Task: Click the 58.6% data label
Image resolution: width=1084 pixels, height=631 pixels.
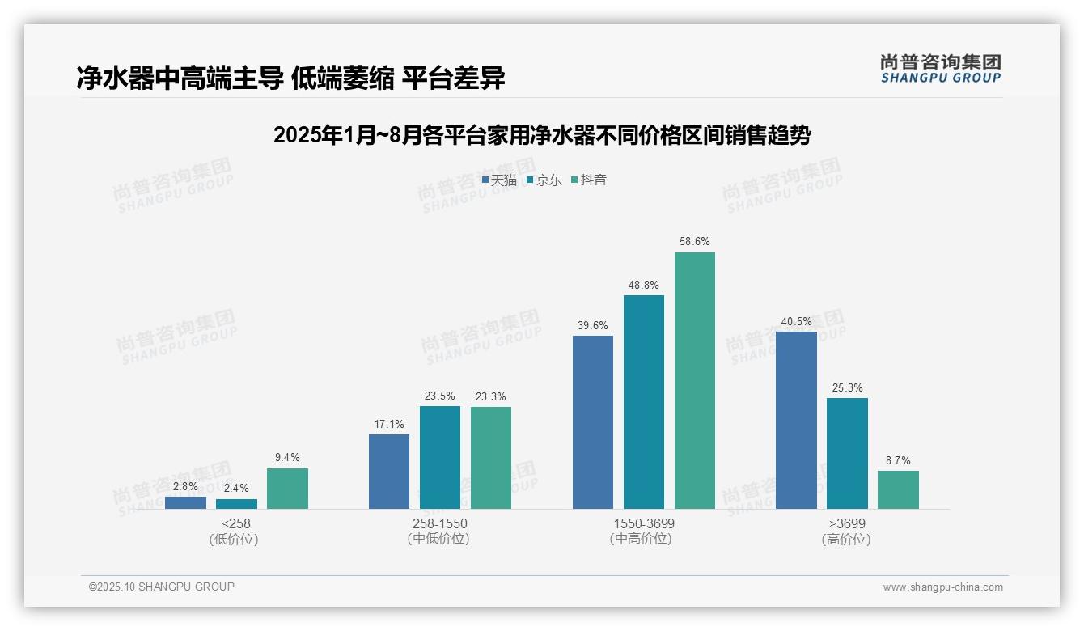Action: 694,241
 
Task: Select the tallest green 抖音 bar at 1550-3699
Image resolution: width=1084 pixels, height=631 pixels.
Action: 694,380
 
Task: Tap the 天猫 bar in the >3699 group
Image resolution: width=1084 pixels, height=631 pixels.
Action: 796,420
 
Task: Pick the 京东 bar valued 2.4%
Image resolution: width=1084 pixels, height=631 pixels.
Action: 236,503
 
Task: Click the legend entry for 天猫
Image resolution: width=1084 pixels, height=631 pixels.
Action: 499,180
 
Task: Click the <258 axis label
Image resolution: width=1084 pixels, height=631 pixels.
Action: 236,523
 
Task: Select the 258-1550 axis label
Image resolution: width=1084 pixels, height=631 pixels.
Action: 439,523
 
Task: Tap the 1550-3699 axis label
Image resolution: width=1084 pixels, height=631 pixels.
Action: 643,523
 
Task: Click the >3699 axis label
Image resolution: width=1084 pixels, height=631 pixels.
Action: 846,523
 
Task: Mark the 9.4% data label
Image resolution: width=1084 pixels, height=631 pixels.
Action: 287,457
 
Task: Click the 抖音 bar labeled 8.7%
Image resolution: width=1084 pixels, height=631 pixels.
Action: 898,489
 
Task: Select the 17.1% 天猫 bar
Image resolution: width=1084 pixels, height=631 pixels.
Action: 389,471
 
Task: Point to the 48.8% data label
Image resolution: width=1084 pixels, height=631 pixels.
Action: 643,285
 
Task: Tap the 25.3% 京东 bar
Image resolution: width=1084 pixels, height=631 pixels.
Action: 847,453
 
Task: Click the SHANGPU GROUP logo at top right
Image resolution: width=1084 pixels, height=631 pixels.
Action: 940,68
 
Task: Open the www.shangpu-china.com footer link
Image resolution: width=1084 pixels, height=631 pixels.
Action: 942,587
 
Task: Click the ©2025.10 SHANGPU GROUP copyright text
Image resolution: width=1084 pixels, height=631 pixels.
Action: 162,587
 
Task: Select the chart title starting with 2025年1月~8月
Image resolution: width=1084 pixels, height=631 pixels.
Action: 542,135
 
